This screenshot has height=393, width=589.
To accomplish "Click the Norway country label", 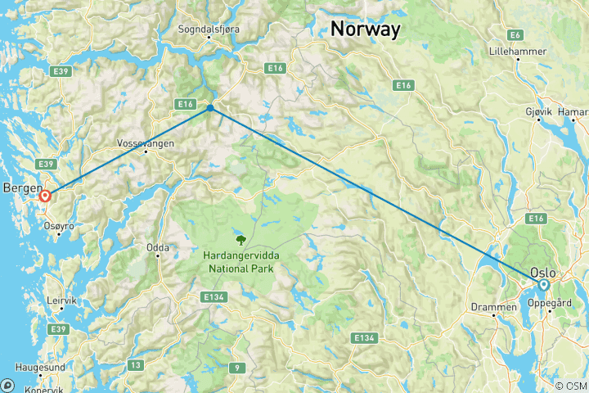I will (x=366, y=29).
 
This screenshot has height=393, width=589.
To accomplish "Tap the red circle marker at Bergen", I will (x=45, y=196).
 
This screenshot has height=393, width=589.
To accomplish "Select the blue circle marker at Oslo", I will (x=543, y=285).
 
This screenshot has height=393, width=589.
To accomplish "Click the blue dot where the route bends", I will (x=210, y=107).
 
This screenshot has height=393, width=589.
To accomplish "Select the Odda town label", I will (x=158, y=246).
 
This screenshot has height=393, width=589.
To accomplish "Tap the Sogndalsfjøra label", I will (x=209, y=29).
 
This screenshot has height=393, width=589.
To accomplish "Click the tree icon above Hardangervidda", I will (x=241, y=240).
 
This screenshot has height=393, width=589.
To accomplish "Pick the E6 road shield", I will (x=515, y=34).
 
